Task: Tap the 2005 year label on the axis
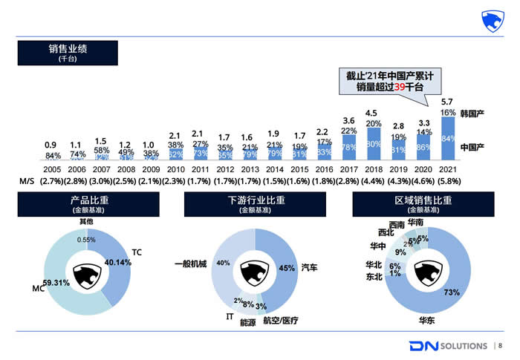click(51, 168)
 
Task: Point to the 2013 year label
click(250, 168)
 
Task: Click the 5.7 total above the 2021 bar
click(447, 102)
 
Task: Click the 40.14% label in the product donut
click(118, 263)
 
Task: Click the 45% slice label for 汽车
click(286, 268)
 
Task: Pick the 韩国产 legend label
click(472, 114)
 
